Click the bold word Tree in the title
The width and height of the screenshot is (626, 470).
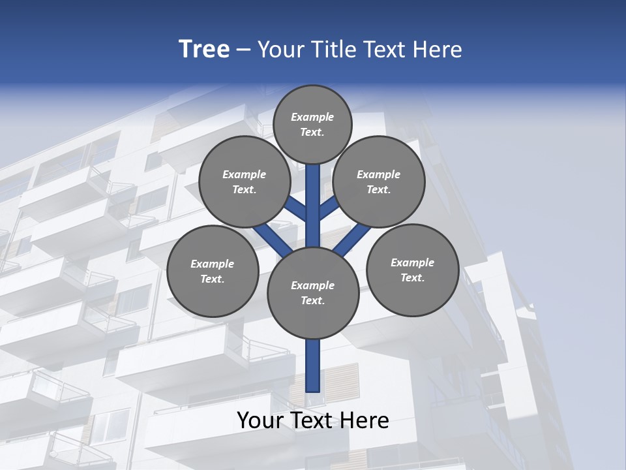tap(204, 49)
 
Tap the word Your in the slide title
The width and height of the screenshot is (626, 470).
tap(278, 50)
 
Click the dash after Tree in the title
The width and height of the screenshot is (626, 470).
tap(243, 50)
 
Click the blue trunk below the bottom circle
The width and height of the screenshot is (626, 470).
tap(313, 366)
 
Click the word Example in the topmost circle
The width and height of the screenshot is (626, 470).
tap(312, 117)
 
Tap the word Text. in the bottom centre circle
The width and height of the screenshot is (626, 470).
tap(312, 301)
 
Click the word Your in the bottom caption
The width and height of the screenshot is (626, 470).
tap(260, 420)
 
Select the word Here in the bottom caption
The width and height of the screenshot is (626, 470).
tap(367, 420)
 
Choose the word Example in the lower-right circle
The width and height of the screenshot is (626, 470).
tap(412, 262)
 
